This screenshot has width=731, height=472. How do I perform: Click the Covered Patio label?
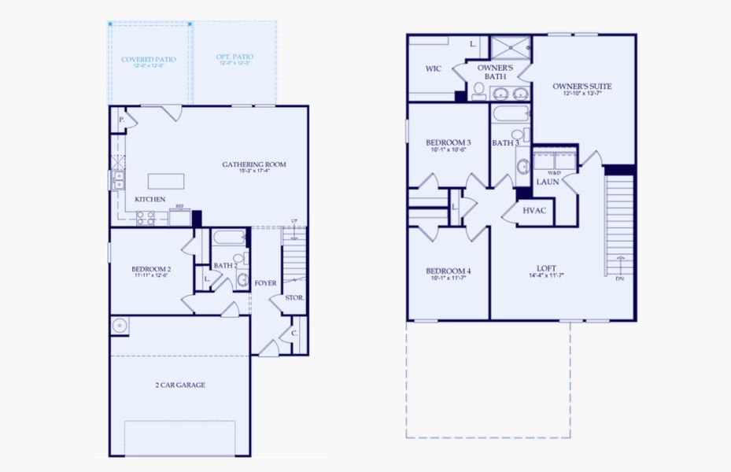[x=149, y=60]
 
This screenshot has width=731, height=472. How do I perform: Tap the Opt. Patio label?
[x=234, y=58]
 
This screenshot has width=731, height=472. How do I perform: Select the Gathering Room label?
[x=253, y=165]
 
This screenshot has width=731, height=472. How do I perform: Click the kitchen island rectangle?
[x=166, y=181]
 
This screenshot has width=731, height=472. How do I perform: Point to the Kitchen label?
[x=150, y=200]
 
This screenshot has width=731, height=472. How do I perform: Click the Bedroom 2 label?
[x=151, y=270]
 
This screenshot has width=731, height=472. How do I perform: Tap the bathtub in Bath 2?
[x=230, y=238]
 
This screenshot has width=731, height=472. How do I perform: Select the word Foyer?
[x=265, y=282]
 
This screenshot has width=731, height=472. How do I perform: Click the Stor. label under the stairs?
[x=294, y=298]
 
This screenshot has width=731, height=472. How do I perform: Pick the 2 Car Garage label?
[x=179, y=385]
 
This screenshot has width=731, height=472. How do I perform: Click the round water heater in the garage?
[x=120, y=325]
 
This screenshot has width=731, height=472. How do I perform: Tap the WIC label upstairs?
[x=434, y=68]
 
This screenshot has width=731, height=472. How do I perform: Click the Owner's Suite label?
[x=581, y=87]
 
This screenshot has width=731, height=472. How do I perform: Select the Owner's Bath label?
[x=495, y=72]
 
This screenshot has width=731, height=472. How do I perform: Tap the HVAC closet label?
[x=535, y=211]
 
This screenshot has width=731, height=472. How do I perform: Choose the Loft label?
[x=547, y=269]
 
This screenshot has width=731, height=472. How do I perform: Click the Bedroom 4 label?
[x=448, y=271]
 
